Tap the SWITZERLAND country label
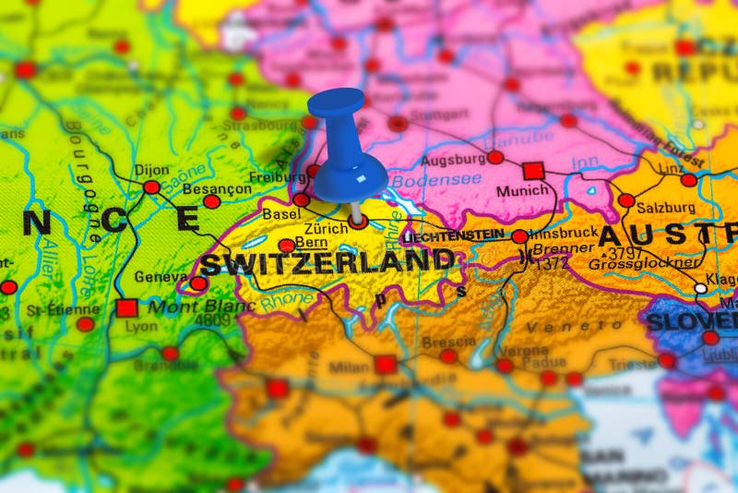pyautogui.click(x=328, y=263)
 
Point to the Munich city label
pyautogui.click(x=522, y=191)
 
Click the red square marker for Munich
pyautogui.click(x=533, y=171)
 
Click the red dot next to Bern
pyautogui.click(x=287, y=246)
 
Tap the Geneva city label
pyautogui.click(x=161, y=276)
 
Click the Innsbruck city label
pyautogui.click(x=563, y=233)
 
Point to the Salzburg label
pyautogui.click(x=665, y=207)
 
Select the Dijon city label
pyautogui.click(x=152, y=170)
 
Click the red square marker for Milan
pyautogui.click(x=386, y=365)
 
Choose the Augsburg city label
pyautogui.click(x=453, y=160)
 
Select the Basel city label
pyautogui.click(x=281, y=213)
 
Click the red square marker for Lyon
pyautogui.click(x=126, y=307)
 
